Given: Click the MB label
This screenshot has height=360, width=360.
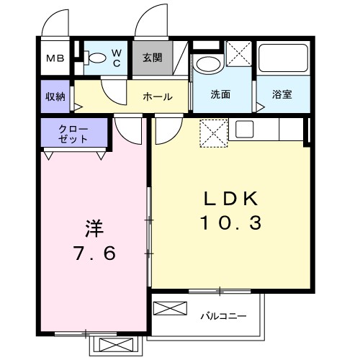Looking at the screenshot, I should pos(55,59).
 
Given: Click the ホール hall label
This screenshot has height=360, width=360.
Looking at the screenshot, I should pos(157,96).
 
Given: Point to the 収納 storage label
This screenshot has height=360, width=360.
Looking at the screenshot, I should pos(55,96).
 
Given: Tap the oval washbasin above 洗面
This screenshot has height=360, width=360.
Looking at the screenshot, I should pos(208,63).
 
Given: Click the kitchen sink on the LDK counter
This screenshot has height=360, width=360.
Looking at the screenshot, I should pos(243,130).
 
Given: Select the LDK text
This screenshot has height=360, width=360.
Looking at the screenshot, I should pos(228,199).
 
